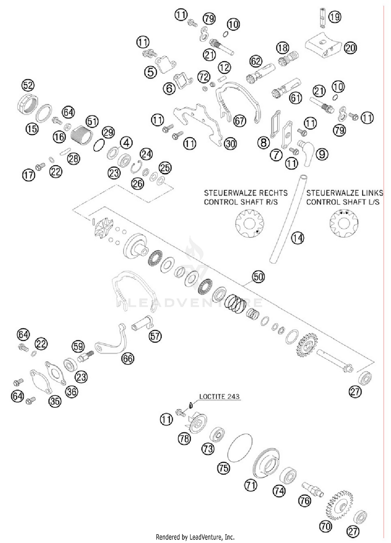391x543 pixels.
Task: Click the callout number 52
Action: tap(28, 85)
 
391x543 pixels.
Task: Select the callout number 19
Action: tap(335, 17)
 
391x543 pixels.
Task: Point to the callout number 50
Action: tap(258, 277)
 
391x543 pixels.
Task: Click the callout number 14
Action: tap(297, 238)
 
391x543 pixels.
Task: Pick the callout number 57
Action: tap(155, 336)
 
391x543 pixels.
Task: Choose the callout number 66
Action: tap(128, 359)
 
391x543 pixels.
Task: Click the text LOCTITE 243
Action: tap(219, 396)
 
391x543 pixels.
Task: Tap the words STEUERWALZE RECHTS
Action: tap(246, 193)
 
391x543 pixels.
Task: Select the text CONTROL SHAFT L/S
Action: tap(343, 202)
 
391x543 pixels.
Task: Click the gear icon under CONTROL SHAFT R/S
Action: tap(249, 224)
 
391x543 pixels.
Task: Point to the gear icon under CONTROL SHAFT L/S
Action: tap(344, 224)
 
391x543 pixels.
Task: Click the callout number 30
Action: tap(230, 144)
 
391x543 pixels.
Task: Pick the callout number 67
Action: tap(240, 121)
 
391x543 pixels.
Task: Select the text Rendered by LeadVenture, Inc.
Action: tap(195, 537)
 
